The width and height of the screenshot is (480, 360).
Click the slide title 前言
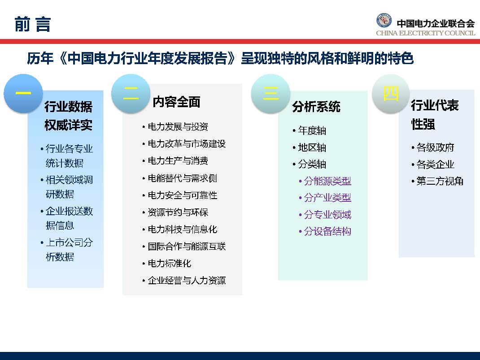[x=32, y=24]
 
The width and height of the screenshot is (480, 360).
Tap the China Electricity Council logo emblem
[x=384, y=22]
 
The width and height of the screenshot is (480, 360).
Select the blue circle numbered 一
[x=23, y=94]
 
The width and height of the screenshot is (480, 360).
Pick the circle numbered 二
[x=130, y=93]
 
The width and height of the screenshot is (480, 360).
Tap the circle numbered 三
[x=270, y=93]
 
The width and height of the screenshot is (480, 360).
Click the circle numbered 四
[x=391, y=94]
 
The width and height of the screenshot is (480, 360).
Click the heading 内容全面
[x=176, y=102]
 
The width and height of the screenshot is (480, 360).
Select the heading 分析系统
[x=316, y=107]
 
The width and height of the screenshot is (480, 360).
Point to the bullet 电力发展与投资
[x=178, y=127]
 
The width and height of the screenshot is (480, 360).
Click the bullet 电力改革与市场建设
[x=186, y=144]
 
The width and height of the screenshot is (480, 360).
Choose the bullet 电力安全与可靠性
[x=182, y=195]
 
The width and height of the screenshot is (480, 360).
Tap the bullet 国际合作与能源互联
[x=186, y=247]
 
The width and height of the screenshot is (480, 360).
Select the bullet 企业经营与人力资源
[x=186, y=281]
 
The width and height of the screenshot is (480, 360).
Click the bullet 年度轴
[x=312, y=131]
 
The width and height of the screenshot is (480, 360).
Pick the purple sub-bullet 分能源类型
[x=327, y=181]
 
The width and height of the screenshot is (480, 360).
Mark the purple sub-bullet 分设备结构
[x=327, y=232]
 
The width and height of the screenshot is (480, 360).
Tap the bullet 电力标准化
[x=169, y=264]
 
